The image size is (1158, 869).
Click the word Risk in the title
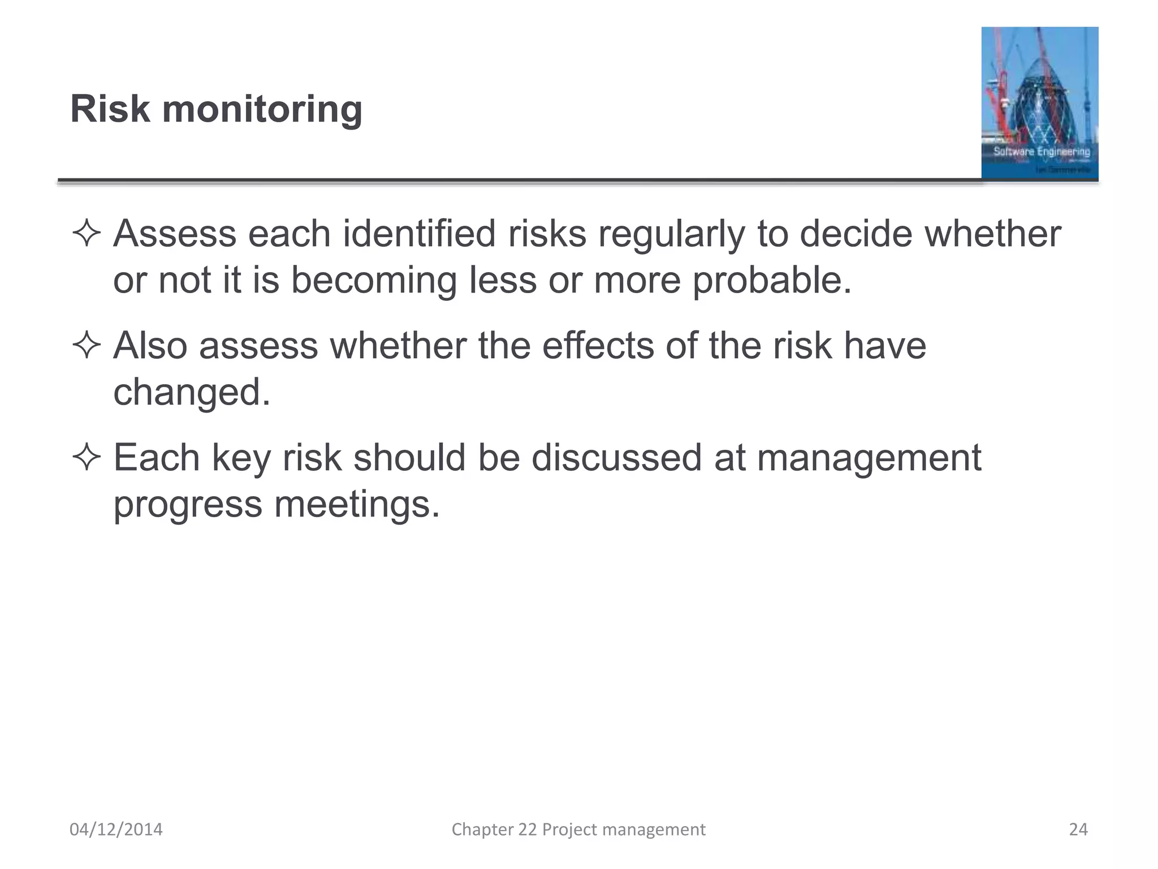110,109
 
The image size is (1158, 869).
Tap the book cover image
1039,103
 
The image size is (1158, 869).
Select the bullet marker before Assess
87,234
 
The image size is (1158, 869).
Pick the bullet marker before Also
87,346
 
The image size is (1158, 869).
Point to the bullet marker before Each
87,458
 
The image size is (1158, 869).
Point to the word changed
192,392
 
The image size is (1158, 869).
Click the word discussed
616,457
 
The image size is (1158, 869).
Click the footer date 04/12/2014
116,829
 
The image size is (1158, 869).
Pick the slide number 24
1078,829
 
